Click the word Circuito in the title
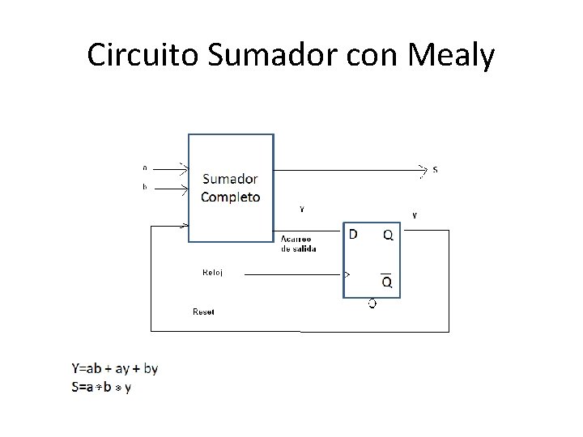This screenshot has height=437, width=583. [143, 56]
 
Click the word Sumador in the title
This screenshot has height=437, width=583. [274, 56]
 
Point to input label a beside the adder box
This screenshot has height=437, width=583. [145, 168]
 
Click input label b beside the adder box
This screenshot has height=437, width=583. [145, 188]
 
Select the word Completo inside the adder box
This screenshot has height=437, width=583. [231, 197]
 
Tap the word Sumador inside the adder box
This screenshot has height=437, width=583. [231, 179]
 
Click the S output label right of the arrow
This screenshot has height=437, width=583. [436, 170]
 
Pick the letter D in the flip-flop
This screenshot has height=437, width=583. [353, 235]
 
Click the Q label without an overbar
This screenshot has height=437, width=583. [388, 235]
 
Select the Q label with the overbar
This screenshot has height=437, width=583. [387, 282]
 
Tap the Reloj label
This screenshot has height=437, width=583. [212, 273]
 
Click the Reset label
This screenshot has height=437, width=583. [203, 312]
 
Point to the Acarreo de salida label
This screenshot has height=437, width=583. [297, 244]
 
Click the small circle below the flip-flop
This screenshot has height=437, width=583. [372, 303]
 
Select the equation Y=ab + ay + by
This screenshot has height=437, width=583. [115, 369]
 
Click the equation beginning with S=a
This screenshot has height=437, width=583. [101, 388]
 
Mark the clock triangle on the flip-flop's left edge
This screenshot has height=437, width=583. [348, 274]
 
